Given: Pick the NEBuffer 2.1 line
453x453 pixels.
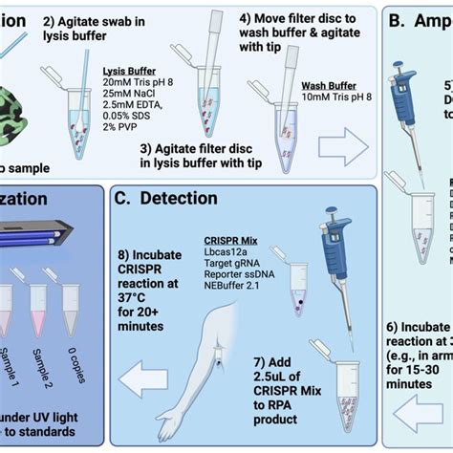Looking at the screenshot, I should pos(234,291).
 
